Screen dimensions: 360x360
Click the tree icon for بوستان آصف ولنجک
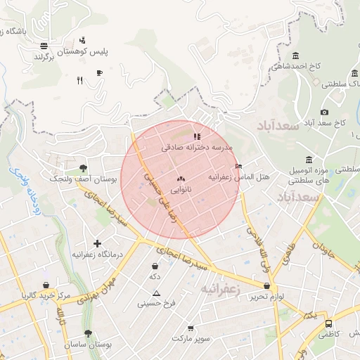click(x=84, y=169)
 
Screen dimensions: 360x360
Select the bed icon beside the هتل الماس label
click(x=239, y=167)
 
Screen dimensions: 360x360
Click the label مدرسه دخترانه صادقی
click(x=197, y=148)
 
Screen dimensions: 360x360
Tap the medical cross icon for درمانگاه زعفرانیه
click(x=97, y=243)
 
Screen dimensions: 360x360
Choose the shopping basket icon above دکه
click(x=155, y=266)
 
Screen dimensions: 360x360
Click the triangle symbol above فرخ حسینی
click(x=156, y=293)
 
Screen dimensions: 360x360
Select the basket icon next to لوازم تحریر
click(x=266, y=286)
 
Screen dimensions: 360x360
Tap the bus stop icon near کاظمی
click(x=328, y=324)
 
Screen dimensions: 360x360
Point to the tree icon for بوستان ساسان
click(x=88, y=334)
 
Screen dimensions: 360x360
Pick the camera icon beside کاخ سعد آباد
click(x=324, y=112)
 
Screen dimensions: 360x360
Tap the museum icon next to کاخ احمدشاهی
click(x=295, y=56)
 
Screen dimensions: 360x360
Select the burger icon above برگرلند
click(x=44, y=44)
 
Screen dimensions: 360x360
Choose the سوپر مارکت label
click(x=193, y=338)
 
